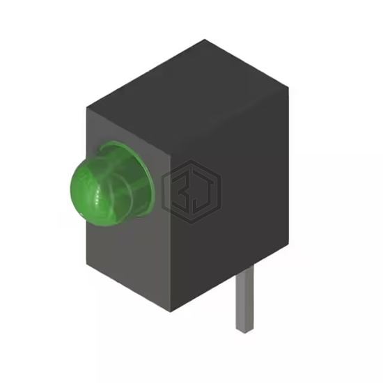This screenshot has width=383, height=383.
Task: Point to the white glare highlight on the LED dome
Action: [x=97, y=196]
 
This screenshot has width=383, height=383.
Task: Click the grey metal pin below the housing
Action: [x=244, y=299]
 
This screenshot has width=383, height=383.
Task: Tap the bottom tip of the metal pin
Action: [x=244, y=332]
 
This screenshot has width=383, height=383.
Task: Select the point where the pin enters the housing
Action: [x=244, y=269]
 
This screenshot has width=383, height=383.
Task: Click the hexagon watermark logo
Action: [x=191, y=191]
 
